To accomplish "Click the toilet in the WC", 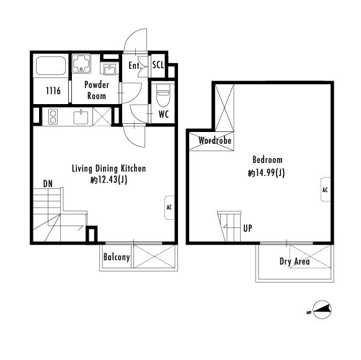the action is click(x=163, y=95).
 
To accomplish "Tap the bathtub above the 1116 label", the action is click(x=51, y=66).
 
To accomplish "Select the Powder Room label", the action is click(x=97, y=90).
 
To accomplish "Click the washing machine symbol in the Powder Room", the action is click(x=81, y=63).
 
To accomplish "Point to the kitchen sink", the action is click(x=81, y=117).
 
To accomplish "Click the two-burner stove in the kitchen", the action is click(x=53, y=116).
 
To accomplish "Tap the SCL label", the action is click(x=158, y=65).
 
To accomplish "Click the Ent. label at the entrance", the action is click(x=135, y=66).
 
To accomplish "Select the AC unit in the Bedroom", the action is click(x=326, y=190).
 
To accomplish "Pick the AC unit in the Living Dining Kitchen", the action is click(x=170, y=208).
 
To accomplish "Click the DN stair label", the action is click(x=48, y=183).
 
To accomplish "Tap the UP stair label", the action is click(x=247, y=228).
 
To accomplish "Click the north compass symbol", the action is click(x=322, y=310).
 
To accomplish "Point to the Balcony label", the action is click(x=117, y=257).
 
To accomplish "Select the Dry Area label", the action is click(x=295, y=261).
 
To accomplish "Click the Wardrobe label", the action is click(x=215, y=140).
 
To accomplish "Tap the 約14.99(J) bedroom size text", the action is click(x=266, y=173).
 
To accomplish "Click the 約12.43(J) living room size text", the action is click(x=109, y=180).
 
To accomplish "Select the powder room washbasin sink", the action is click(x=110, y=69).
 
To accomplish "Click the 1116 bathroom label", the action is click(x=53, y=91).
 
